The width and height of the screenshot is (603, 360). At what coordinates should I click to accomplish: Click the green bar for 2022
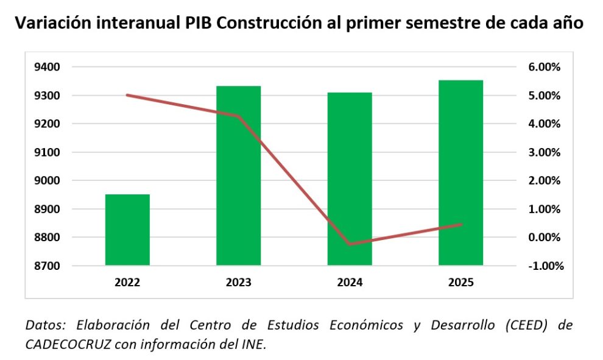(x=127, y=230)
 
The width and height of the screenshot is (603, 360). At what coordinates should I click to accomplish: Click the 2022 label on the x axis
(x=127, y=283)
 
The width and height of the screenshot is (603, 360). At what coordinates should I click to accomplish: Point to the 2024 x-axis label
(x=350, y=283)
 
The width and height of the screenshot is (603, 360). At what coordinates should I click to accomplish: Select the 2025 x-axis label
(x=461, y=283)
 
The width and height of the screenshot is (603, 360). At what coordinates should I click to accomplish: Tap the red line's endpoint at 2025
(x=461, y=224)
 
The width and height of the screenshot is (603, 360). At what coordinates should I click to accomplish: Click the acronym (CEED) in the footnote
(x=524, y=325)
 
